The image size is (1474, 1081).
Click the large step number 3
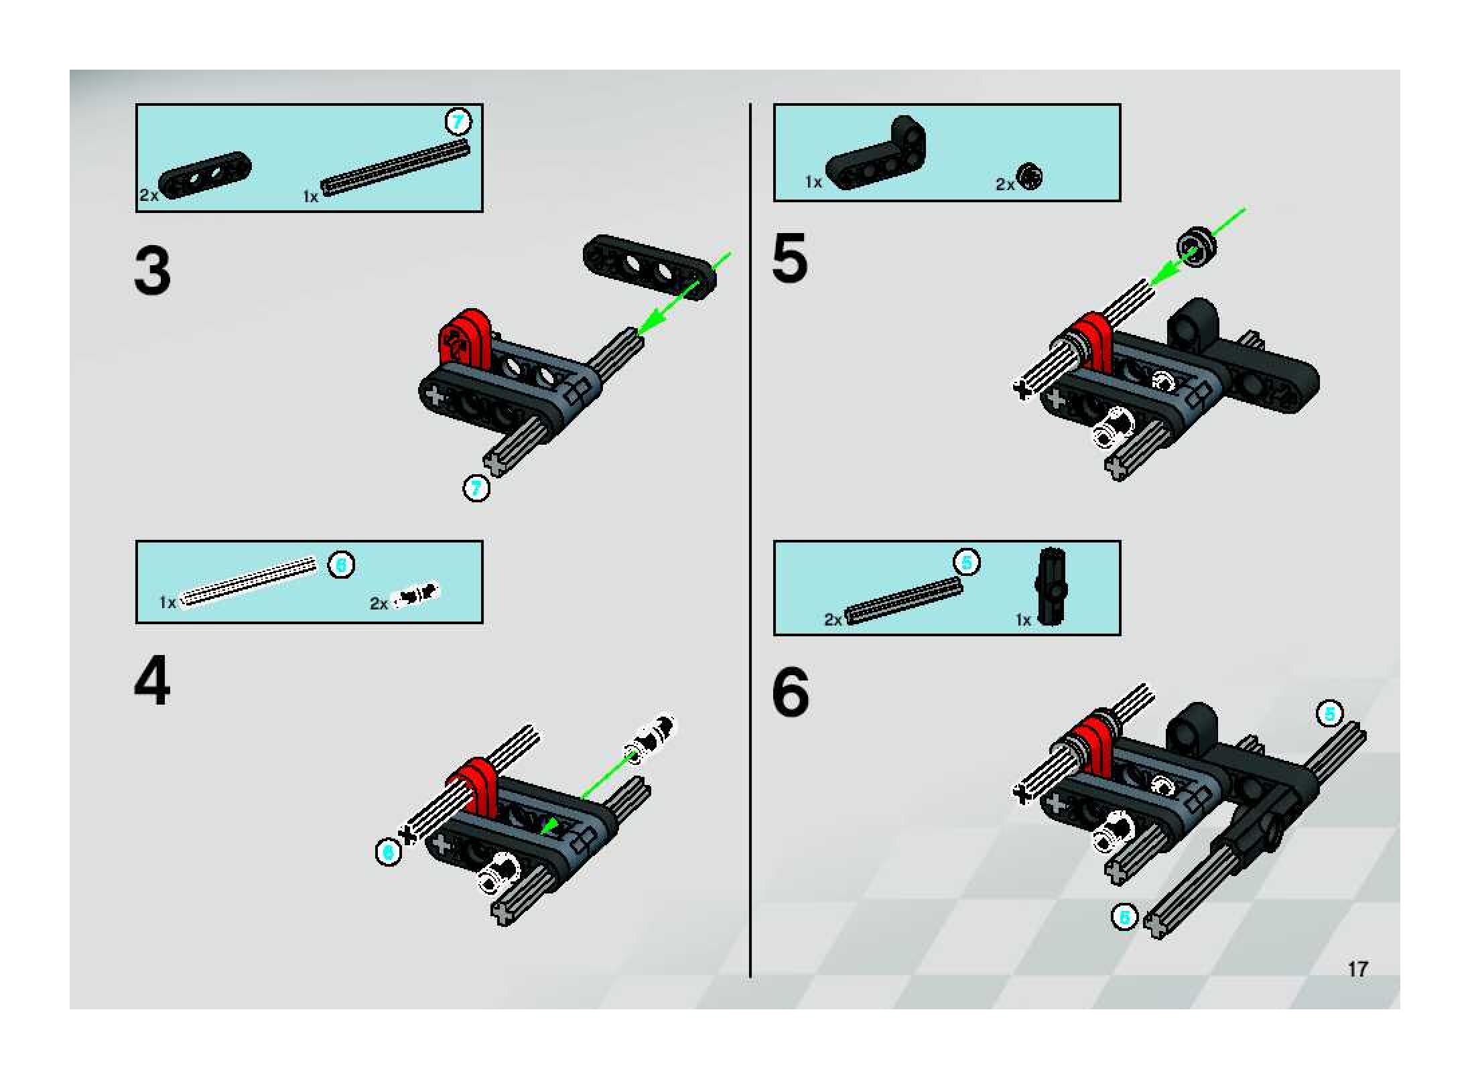(x=153, y=271)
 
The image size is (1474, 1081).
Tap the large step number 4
(x=153, y=680)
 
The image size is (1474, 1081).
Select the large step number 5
(x=790, y=258)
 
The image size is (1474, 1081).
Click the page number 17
(x=1358, y=969)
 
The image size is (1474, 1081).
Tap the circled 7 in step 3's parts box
(x=458, y=122)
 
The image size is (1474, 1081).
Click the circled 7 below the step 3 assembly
(x=476, y=488)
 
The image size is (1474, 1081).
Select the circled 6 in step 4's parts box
(x=341, y=565)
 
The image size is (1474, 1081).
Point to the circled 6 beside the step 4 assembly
(x=389, y=852)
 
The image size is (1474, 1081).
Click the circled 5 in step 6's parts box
(x=967, y=562)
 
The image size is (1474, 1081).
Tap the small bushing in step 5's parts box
(x=1030, y=177)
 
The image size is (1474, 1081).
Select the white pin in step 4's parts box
(x=415, y=595)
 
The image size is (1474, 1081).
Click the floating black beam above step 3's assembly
(x=649, y=268)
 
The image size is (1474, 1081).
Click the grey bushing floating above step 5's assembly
(x=1197, y=246)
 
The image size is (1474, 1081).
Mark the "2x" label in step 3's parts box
(x=149, y=195)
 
